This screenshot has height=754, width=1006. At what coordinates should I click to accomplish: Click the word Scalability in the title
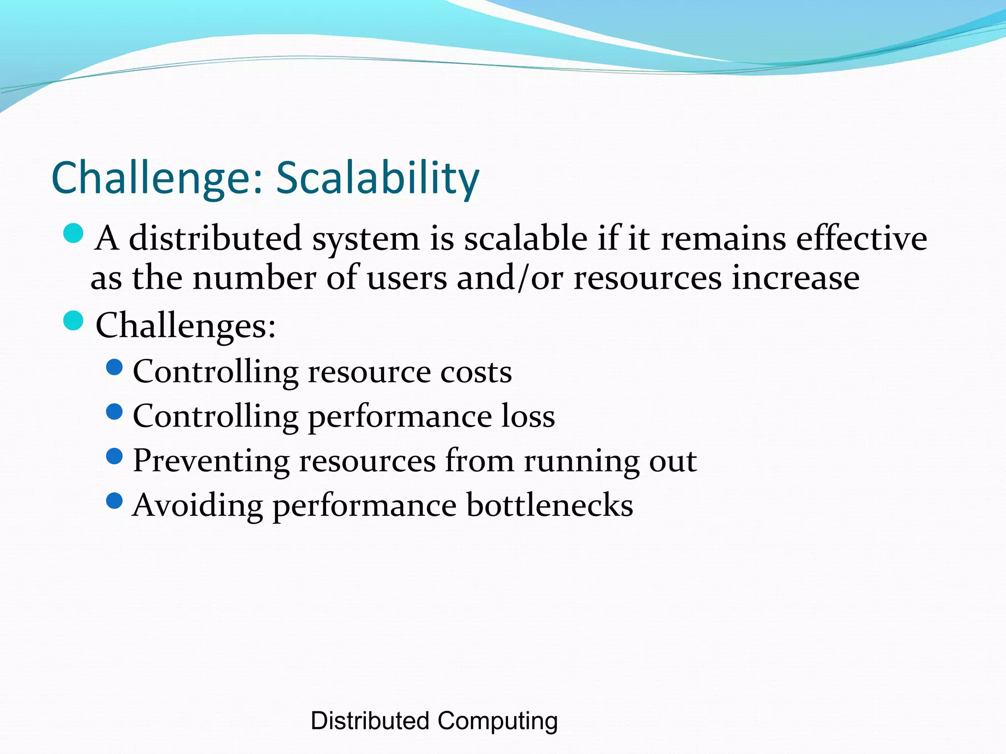tap(377, 178)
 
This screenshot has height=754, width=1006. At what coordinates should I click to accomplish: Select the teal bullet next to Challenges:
tap(74, 321)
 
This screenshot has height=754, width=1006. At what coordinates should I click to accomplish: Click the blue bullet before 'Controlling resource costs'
tap(114, 367)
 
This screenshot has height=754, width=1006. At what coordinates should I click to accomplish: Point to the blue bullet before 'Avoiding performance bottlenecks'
tap(114, 501)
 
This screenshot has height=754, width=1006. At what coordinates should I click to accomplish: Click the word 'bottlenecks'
tap(550, 505)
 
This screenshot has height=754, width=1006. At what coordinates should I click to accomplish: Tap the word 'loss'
tap(528, 416)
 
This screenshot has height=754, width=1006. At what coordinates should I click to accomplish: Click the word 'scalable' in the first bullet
tap(526, 239)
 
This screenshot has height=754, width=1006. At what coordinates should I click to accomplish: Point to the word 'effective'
tap(862, 239)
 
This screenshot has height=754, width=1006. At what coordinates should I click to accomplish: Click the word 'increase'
tap(795, 278)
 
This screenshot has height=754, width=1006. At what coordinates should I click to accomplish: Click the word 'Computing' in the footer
tap(497, 721)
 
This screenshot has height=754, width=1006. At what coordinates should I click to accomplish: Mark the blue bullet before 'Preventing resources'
tap(114, 456)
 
